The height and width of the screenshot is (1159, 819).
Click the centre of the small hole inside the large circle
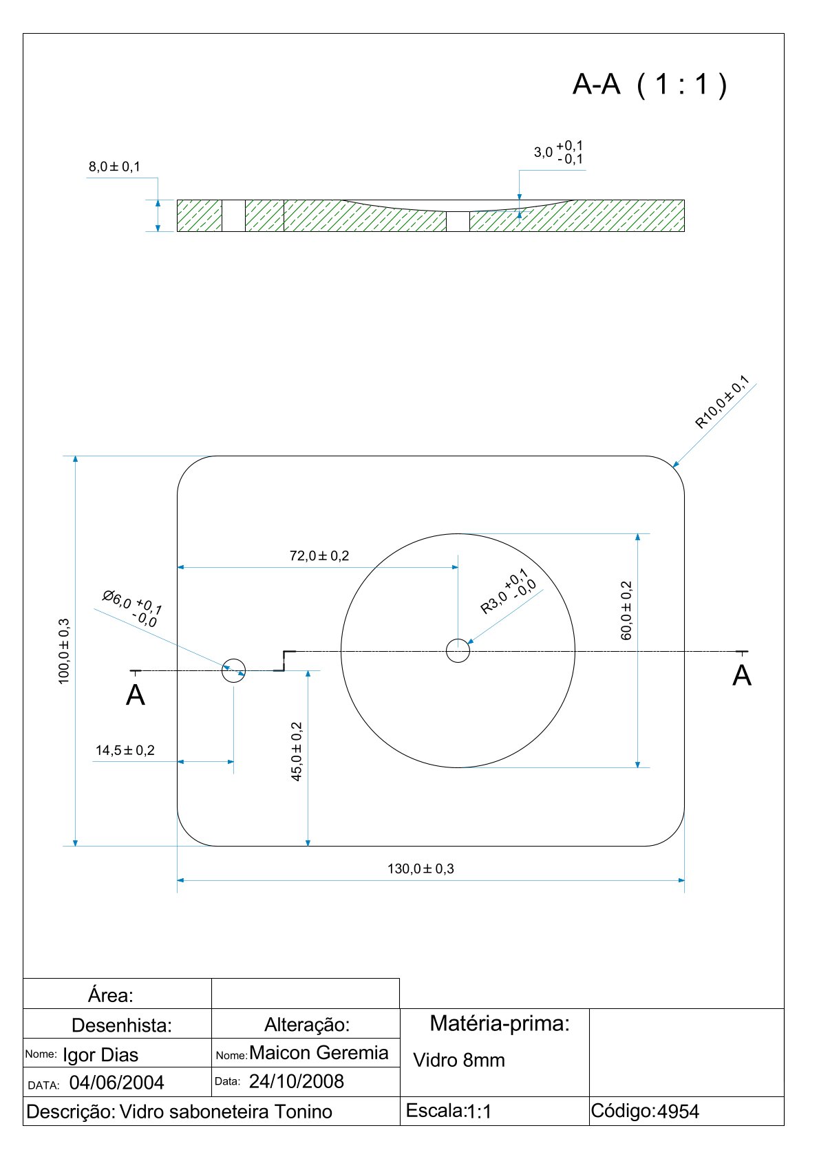coord(458,651)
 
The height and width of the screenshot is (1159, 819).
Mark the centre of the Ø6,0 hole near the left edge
coord(233,670)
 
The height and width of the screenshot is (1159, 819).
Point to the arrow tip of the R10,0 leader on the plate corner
coord(672,467)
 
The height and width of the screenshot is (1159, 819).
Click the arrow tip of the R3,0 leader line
coord(467,644)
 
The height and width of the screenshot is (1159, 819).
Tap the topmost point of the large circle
coord(458,533)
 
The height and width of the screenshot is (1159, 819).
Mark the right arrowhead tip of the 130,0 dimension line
coord(685,880)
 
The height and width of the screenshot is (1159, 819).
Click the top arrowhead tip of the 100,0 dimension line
coord(76,456)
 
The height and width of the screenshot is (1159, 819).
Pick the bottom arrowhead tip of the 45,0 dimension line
coord(308,846)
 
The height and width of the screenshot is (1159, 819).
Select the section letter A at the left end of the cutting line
coord(136,695)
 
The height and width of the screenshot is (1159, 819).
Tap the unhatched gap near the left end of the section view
coord(233,215)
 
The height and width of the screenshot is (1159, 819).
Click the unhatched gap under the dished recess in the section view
coord(458,221)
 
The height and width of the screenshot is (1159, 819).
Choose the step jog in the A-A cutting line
coord(284,661)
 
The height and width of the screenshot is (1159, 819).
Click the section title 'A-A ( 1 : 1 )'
coord(650,84)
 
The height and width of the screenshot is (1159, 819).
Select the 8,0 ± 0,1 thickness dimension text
coord(114,167)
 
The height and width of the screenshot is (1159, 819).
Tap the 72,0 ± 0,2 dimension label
coord(319,555)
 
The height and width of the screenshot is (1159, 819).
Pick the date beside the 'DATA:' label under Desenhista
coord(116,1083)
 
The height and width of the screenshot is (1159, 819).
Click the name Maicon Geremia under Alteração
coord(319,1052)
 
